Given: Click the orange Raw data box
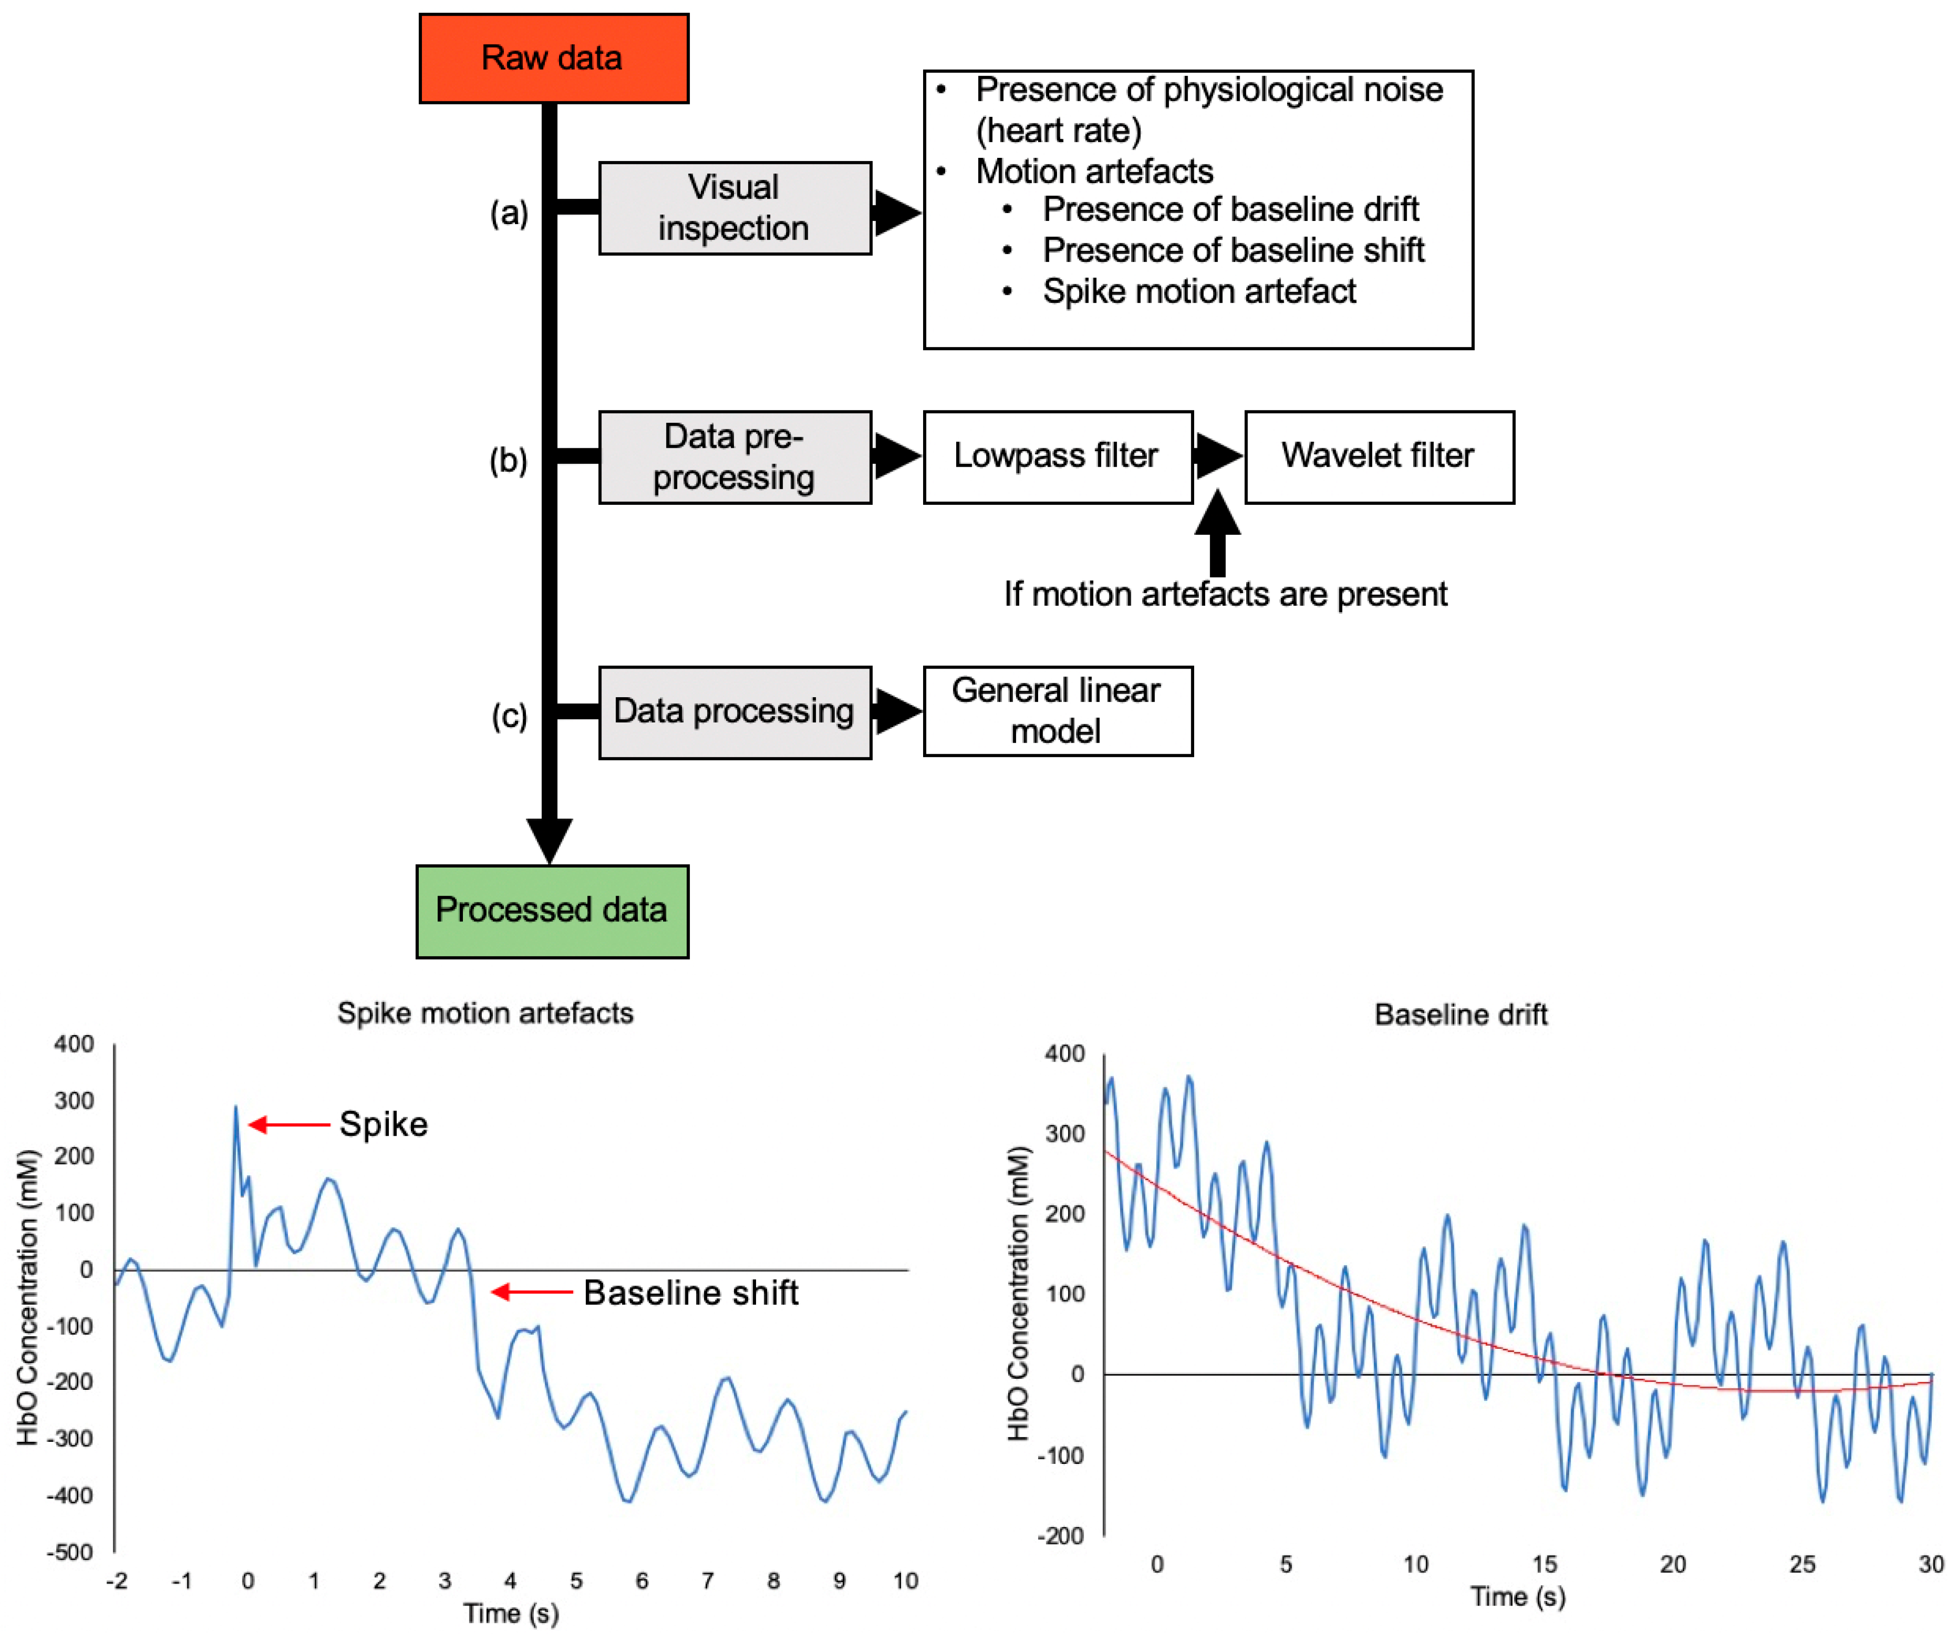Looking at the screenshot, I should [554, 58].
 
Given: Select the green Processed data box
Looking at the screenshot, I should [552, 911].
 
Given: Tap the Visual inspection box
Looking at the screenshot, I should [735, 208].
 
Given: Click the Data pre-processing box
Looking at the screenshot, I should [735, 457].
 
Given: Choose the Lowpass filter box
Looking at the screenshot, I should [1057, 457].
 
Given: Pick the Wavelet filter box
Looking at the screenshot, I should [1379, 457].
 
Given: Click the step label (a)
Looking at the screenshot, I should [509, 214].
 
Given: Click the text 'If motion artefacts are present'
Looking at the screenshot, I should [1225, 594].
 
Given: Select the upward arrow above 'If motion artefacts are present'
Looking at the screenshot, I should [1217, 532].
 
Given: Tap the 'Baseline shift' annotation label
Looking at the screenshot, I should [691, 1292].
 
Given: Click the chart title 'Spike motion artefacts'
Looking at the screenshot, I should [485, 1013].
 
